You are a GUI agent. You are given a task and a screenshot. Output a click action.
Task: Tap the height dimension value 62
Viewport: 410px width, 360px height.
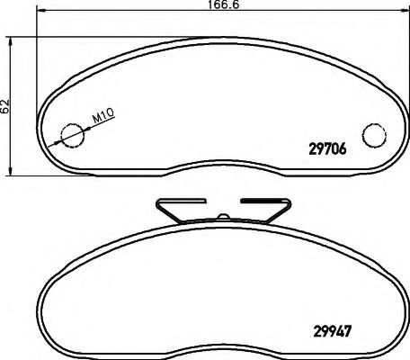5,104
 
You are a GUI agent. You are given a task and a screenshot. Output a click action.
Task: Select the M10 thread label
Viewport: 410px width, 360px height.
104,114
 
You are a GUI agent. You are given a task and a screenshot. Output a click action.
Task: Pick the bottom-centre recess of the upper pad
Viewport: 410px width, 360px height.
221,171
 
